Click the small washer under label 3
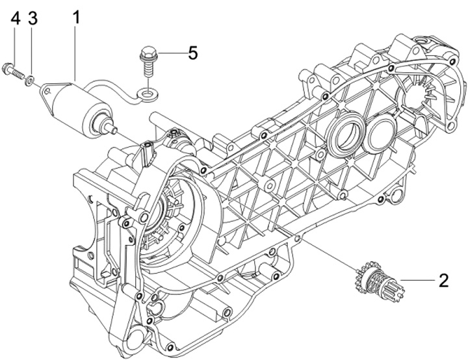point(30,81)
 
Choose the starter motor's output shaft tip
point(116,129)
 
